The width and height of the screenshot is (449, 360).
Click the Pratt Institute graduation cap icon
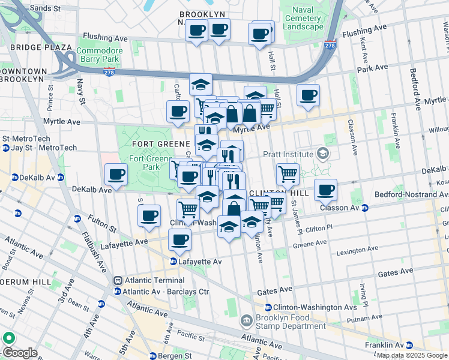tap(324, 154)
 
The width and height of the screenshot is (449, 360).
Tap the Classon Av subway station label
tap(342, 208)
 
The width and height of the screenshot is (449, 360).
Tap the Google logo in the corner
tap(19, 353)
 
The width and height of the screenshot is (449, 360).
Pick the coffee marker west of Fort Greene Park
tap(116, 175)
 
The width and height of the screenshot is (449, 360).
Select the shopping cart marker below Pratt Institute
tap(288, 174)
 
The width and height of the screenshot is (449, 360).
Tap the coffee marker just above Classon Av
tap(325, 190)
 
